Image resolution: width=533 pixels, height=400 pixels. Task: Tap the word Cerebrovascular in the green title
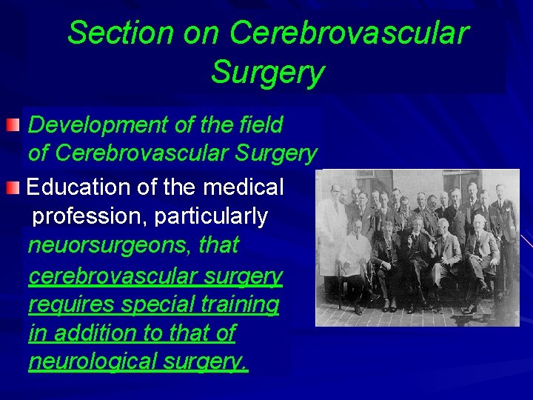pos(349,33)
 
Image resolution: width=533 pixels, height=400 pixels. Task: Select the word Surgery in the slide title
pos(267,73)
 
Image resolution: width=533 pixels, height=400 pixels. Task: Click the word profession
pos(90,216)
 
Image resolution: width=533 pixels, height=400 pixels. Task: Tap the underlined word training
pos(239,304)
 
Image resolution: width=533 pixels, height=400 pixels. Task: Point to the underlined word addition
pos(93,333)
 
